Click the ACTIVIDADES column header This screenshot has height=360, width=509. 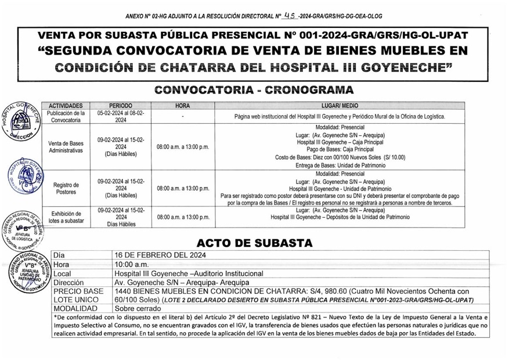pyautogui.click(x=66, y=106)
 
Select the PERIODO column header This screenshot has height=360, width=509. pyautogui.click(x=121, y=106)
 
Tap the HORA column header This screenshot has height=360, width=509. pyautogui.click(x=182, y=106)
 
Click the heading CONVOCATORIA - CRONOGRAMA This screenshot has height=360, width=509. pyautogui.click(x=254, y=90)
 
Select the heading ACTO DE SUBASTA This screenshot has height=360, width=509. pyautogui.click(x=254, y=243)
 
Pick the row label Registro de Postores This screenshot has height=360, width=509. pyautogui.click(x=66, y=188)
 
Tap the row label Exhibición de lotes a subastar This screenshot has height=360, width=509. pyautogui.click(x=66, y=217)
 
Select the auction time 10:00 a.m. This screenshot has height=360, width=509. pyautogui.click(x=132, y=264)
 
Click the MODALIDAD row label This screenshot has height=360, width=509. pyautogui.click(x=75, y=308)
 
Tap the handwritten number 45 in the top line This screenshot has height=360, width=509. pyautogui.click(x=290, y=16)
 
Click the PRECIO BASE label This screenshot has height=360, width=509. pyautogui.click(x=78, y=291)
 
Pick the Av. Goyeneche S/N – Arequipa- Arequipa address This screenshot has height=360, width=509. pyautogui.click(x=182, y=282)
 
